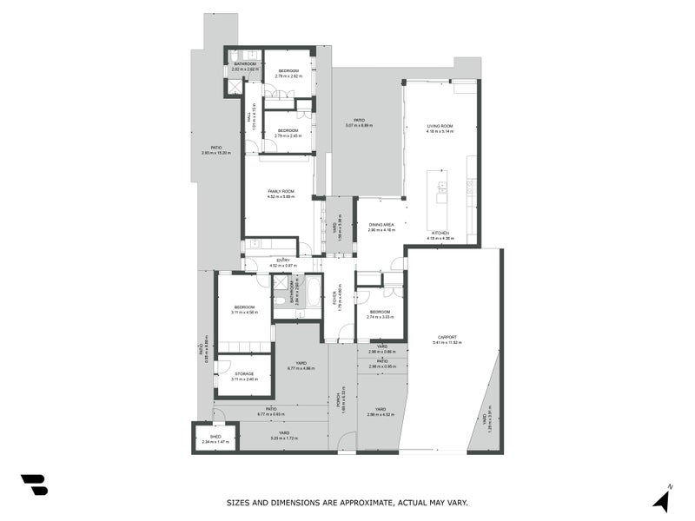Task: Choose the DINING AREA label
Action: click(381, 227)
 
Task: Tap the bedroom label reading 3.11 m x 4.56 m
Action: click(244, 309)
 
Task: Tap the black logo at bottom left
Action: click(34, 485)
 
